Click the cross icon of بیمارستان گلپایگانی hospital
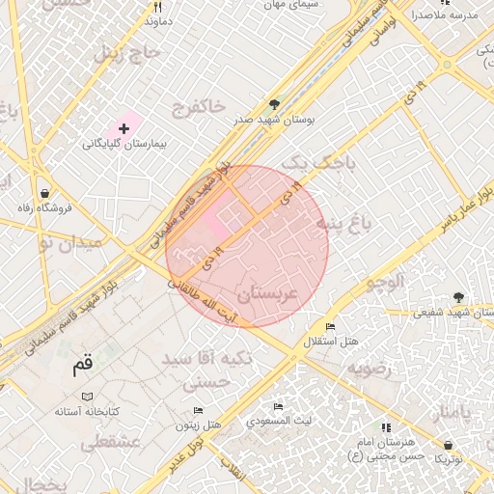[x=123, y=128]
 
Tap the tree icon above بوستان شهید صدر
[x=274, y=105]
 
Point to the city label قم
[x=84, y=367]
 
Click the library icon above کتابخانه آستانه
[x=88, y=397]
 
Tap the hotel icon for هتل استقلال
[x=331, y=328]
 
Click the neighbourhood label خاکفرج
[x=198, y=106]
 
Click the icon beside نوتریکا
[x=445, y=446]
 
